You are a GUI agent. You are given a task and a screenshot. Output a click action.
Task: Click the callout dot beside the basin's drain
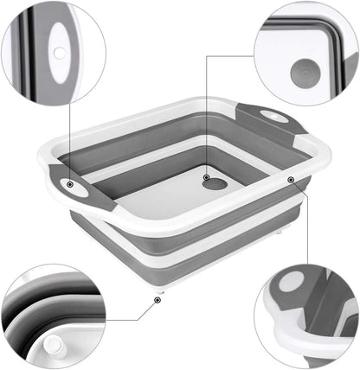207,178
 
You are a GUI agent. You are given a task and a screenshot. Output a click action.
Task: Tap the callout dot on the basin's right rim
291,180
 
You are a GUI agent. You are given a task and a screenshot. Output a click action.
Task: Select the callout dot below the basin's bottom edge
157,300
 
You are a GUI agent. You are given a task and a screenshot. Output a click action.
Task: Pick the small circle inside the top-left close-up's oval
58,53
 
